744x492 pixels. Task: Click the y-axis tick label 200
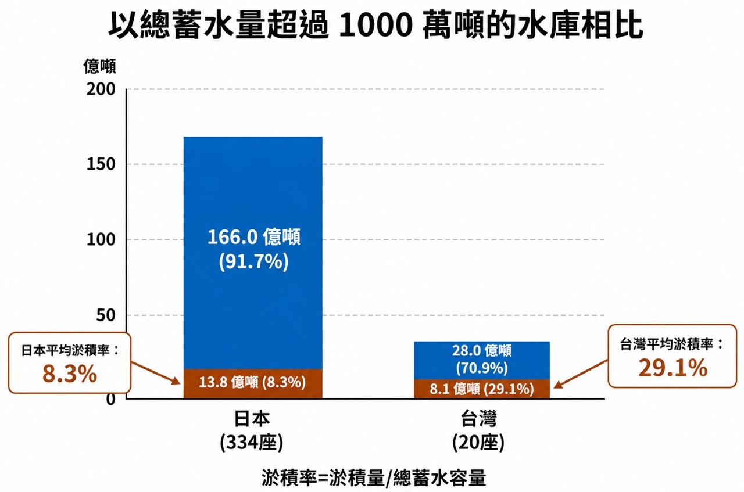pyautogui.click(x=101, y=89)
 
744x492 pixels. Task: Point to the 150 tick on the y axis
pyautogui.click(x=101, y=164)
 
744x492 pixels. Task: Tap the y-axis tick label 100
pyautogui.click(x=101, y=239)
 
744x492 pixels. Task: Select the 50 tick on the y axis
pyautogui.click(x=106, y=315)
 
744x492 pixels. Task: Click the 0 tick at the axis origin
pyautogui.click(x=110, y=398)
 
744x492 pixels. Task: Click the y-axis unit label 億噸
pyautogui.click(x=99, y=66)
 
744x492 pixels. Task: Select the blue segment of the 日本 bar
pyautogui.click(x=253, y=253)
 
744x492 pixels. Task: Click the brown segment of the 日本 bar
pyautogui.click(x=253, y=384)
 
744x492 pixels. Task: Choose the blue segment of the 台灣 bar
pyautogui.click(x=482, y=360)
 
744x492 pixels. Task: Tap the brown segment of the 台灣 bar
pyautogui.click(x=482, y=389)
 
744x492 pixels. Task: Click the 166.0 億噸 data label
pyautogui.click(x=254, y=237)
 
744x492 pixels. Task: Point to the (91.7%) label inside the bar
pyautogui.click(x=254, y=262)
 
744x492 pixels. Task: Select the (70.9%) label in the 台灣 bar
pyautogui.click(x=482, y=368)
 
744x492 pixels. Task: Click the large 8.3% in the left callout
pyautogui.click(x=70, y=374)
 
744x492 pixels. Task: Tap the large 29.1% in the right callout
pyautogui.click(x=673, y=368)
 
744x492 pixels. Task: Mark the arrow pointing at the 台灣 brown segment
pyautogui.click(x=581, y=375)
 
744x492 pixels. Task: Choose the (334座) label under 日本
pyautogui.click(x=252, y=442)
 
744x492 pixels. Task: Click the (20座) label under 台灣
pyautogui.click(x=478, y=442)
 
